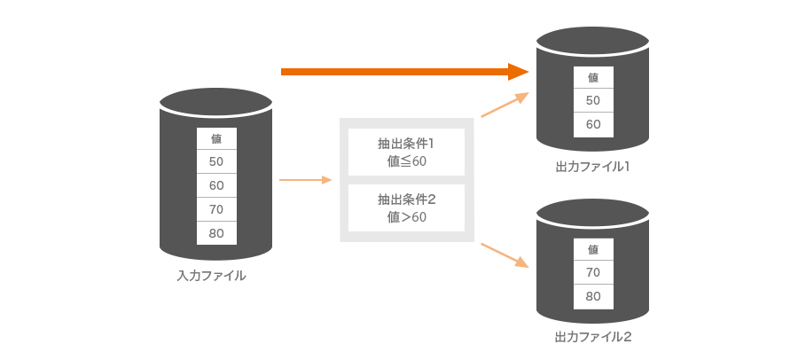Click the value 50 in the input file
tap(216, 161)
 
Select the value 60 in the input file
tap(216, 185)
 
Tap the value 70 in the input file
tap(216, 209)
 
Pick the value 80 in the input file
tap(216, 233)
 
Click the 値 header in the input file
tap(216, 138)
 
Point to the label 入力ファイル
tap(211, 276)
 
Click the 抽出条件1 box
tap(406, 152)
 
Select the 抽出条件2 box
tap(406, 207)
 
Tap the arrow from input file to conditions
tap(305, 180)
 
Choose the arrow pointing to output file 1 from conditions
tap(505, 105)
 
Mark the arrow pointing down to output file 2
tap(505, 254)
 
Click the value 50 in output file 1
tap(593, 100)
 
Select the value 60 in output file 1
tap(593, 124)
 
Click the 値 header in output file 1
tap(593, 77)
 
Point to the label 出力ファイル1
tap(592, 166)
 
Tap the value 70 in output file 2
tap(593, 272)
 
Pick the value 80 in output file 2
tap(593, 296)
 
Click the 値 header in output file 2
tap(593, 249)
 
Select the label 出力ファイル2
tap(592, 337)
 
